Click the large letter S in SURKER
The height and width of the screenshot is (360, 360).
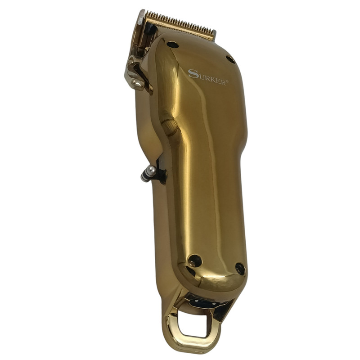193,74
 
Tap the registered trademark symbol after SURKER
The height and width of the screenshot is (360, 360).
228,81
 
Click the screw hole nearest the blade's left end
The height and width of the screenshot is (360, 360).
173,45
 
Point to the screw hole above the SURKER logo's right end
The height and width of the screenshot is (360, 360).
230,60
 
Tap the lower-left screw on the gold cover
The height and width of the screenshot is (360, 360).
195,261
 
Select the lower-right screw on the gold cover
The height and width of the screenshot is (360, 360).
240,269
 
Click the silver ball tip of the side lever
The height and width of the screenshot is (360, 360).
151,170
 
